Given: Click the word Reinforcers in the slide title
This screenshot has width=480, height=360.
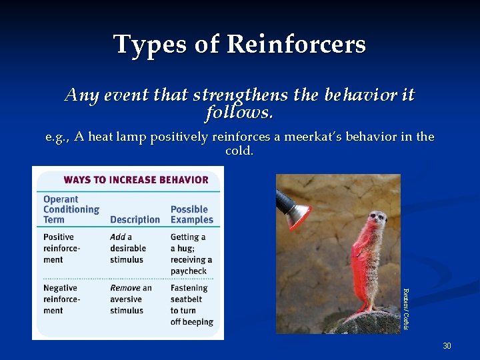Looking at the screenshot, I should [296, 45].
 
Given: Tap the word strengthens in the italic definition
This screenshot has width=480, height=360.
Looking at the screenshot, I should [242, 95].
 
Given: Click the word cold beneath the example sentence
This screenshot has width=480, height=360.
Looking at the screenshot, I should [239, 151].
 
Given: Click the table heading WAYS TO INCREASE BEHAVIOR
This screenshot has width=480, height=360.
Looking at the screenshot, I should [135, 179].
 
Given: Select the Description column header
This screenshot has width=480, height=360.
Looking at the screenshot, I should [135, 219].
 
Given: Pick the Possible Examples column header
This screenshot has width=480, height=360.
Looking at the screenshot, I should [191, 214].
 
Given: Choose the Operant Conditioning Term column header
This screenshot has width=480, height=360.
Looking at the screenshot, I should [71, 209].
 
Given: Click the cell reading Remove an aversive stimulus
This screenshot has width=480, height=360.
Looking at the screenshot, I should [131, 299].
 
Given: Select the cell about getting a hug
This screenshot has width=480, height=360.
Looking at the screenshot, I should [191, 253].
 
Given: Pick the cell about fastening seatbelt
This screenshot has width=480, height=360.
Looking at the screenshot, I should [192, 305].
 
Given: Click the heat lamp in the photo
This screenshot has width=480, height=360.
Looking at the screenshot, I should [294, 209].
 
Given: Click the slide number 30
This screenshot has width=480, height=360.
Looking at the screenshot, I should [447, 346].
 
